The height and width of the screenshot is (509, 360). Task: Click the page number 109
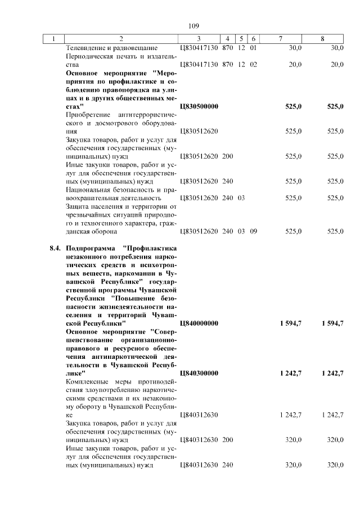[x=193, y=26]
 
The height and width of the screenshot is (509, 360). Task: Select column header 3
[x=199, y=39]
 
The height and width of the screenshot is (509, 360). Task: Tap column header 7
[x=280, y=39]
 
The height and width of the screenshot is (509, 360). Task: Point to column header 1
[x=53, y=39]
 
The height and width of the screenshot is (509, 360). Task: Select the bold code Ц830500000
[x=199, y=106]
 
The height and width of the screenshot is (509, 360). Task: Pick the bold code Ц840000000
[x=199, y=324]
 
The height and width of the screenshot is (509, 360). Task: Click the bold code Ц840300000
[x=199, y=373]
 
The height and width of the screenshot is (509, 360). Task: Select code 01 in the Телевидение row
[x=253, y=48]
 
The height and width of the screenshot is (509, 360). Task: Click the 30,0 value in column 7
[x=295, y=48]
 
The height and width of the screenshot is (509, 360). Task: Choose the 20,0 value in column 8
[x=337, y=65]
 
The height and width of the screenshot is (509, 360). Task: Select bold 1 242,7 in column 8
[x=332, y=373]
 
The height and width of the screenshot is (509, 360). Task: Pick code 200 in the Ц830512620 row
[x=227, y=156]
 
